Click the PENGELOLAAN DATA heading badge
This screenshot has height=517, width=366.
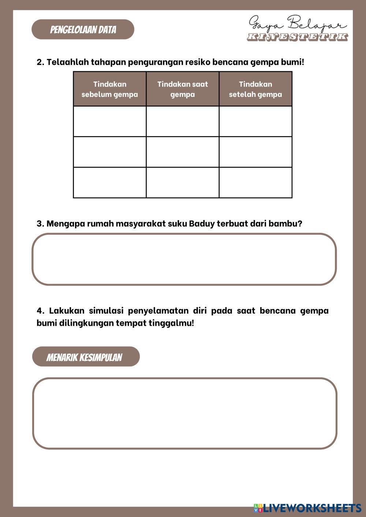(x=83, y=30)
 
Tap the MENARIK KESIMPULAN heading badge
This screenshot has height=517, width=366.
(x=86, y=357)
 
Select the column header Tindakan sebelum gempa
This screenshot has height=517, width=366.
(x=110, y=89)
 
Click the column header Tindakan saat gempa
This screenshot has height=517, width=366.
(x=183, y=89)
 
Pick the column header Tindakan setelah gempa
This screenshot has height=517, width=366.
(x=255, y=89)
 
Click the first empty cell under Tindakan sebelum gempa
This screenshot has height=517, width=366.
(x=110, y=121)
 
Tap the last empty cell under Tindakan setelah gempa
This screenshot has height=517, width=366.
(x=255, y=182)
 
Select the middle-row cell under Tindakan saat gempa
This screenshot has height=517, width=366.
(x=183, y=152)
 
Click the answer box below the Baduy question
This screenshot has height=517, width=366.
(x=184, y=259)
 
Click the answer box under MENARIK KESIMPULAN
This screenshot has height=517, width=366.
(x=185, y=413)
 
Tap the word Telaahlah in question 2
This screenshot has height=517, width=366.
(x=67, y=62)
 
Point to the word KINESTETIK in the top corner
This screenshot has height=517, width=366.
(x=297, y=37)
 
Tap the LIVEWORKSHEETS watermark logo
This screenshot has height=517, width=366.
(x=307, y=507)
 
